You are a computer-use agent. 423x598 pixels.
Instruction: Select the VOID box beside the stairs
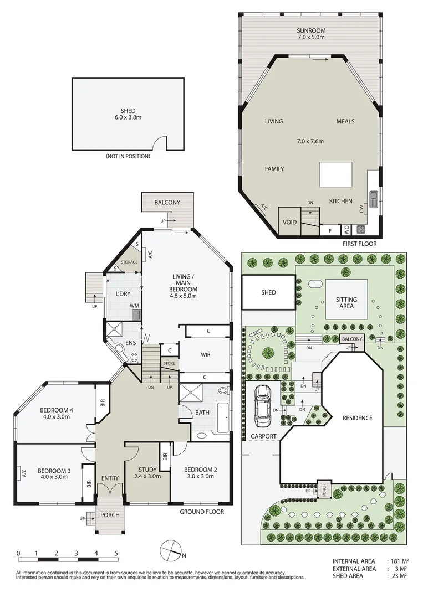pos(289,222)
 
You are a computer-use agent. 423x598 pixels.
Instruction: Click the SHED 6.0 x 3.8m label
pos(128,115)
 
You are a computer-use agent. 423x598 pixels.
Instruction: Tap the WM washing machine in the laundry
pos(136,314)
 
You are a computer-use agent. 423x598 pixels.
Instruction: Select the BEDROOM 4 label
pos(56,414)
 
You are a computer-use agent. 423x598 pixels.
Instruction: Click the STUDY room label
pos(148,472)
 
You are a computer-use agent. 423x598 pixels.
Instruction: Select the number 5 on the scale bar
pos(116,553)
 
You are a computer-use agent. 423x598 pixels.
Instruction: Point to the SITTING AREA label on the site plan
pos(346,303)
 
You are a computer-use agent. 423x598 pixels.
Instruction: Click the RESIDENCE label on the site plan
pos(357,418)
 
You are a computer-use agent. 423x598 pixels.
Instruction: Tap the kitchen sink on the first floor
pos(374,197)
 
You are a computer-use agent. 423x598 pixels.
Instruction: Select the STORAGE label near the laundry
pos(129,262)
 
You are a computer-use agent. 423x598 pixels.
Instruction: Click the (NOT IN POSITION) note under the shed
pos(128,157)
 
